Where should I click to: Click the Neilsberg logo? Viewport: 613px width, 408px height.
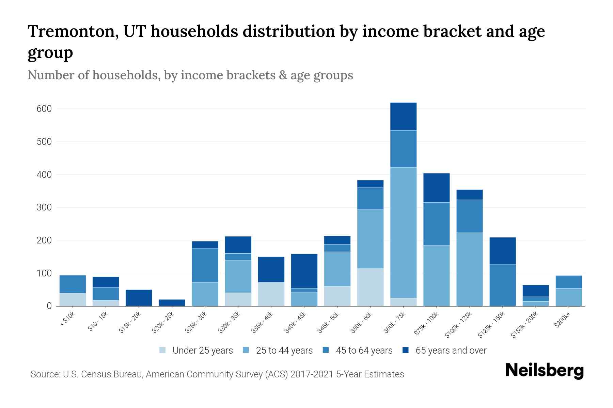click(x=544, y=371)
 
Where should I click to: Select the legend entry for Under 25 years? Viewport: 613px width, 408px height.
click(x=202, y=351)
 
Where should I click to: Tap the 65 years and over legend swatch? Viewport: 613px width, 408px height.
click(x=406, y=350)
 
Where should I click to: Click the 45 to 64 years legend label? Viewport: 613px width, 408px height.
click(x=364, y=351)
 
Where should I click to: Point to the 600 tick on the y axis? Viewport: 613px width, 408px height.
click(x=44, y=109)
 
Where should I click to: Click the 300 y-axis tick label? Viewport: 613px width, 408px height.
click(x=44, y=207)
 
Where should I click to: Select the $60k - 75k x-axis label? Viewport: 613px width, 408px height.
click(x=395, y=322)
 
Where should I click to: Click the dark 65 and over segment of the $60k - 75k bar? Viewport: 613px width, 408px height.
click(x=403, y=116)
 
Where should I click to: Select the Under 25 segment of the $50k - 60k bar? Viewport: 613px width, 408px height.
click(x=370, y=287)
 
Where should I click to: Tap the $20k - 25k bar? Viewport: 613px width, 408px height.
click(x=172, y=303)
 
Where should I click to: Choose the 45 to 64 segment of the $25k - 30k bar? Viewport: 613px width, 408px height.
click(x=205, y=265)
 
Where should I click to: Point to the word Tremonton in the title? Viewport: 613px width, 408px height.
click(x=72, y=31)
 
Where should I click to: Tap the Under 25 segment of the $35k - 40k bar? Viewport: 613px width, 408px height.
click(x=271, y=294)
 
